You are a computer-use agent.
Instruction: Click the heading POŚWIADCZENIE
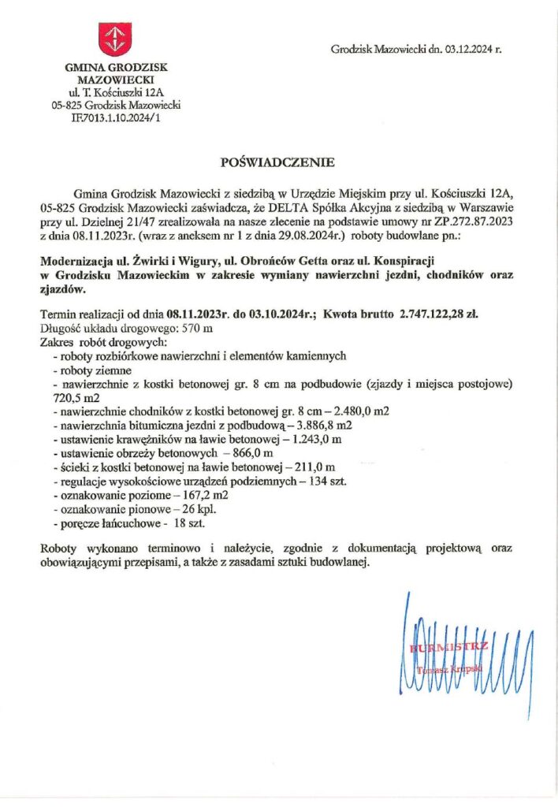coord(278,163)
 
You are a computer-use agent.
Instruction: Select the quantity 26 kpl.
coord(192,510)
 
